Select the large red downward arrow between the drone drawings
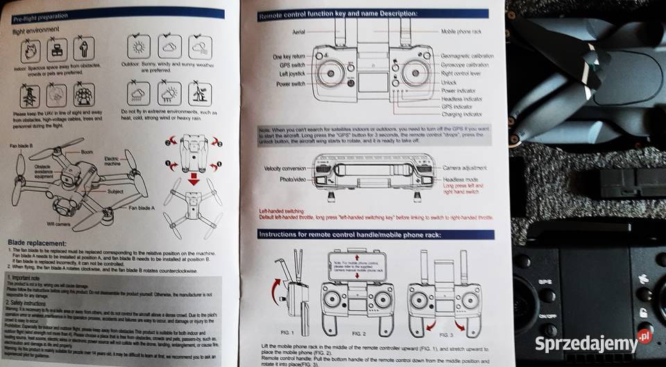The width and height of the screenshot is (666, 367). click(x=195, y=182)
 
